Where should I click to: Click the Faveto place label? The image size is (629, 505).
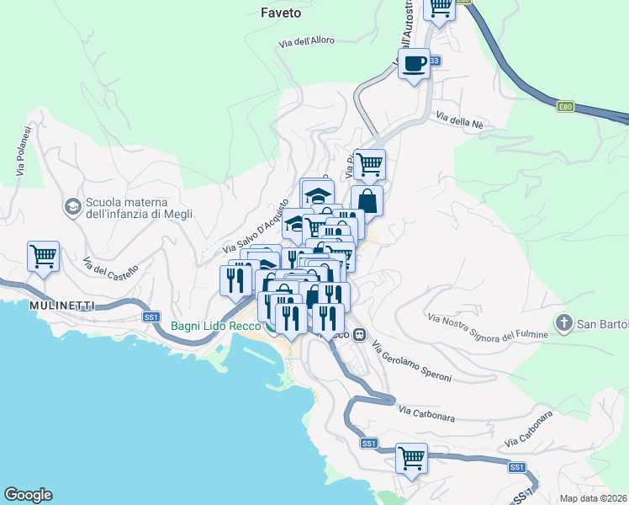(280, 13)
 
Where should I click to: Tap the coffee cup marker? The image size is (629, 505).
(413, 64)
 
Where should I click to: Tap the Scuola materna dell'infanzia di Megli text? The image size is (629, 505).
(139, 208)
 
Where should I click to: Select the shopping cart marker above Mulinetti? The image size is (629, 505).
(43, 257)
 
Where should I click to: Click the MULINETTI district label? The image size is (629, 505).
(61, 304)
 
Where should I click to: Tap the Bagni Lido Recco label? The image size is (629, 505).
(216, 327)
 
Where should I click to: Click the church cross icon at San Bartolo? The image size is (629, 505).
(563, 323)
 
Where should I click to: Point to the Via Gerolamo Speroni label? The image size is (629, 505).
(412, 362)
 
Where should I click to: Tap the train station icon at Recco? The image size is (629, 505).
(359, 335)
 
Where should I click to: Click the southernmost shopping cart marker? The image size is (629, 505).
(411, 459)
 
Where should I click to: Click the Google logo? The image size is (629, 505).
(28, 495)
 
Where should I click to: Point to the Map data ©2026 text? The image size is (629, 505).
(592, 497)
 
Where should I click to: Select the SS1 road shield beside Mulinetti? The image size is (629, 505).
(151, 317)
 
